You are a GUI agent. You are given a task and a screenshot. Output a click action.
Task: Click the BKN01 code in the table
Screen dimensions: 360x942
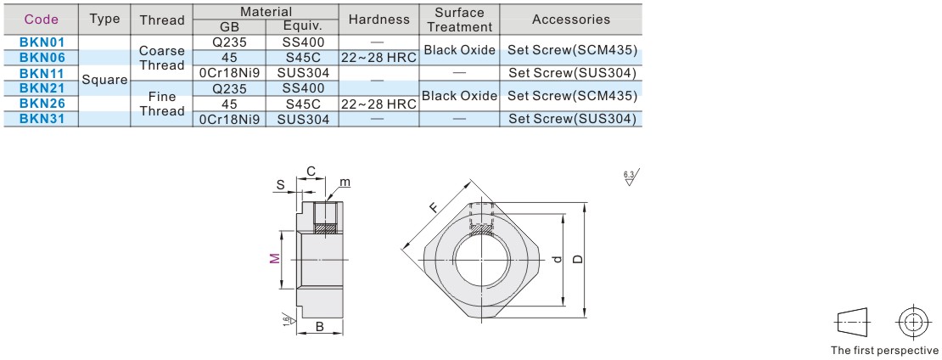coord(36,42)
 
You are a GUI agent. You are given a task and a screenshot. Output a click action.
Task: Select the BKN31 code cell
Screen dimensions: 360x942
coord(36,119)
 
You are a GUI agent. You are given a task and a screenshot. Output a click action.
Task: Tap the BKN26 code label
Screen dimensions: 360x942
coord(36,104)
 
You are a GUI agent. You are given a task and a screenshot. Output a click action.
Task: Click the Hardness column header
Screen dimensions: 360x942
coord(378,19)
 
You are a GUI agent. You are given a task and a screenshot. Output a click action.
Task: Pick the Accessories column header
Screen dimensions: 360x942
coord(570,19)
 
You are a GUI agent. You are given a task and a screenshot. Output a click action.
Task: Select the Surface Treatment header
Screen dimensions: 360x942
coord(459,20)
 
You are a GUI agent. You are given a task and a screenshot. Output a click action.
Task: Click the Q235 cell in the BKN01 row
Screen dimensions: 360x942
coord(229,42)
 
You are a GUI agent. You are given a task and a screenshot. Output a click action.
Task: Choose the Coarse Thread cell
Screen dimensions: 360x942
coord(161,58)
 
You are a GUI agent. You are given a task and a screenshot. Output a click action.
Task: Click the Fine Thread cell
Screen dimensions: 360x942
coord(161,104)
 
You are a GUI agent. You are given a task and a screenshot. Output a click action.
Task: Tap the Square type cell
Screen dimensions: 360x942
coord(104,81)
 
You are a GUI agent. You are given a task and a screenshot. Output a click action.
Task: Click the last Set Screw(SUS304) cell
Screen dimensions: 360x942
coord(570,119)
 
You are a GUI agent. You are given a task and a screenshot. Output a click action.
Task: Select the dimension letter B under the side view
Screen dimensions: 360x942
coord(319,326)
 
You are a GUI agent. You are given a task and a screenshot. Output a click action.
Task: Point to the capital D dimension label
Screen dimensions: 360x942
coord(578,260)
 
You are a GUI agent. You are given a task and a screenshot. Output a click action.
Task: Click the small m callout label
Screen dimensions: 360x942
coord(345,183)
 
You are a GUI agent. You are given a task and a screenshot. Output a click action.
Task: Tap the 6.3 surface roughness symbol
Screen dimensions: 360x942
coord(631,178)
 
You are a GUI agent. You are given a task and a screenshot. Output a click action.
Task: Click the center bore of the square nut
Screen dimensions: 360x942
coord(481,259)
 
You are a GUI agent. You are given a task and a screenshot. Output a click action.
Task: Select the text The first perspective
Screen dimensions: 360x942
coord(883,350)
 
